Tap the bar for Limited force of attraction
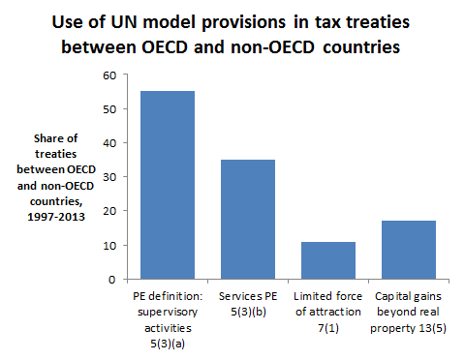tap(323, 260)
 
